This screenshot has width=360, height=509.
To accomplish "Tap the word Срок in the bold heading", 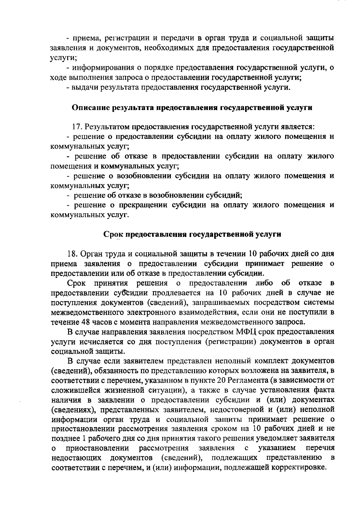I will [x=113, y=234].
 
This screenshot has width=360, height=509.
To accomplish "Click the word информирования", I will [x=102, y=68].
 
